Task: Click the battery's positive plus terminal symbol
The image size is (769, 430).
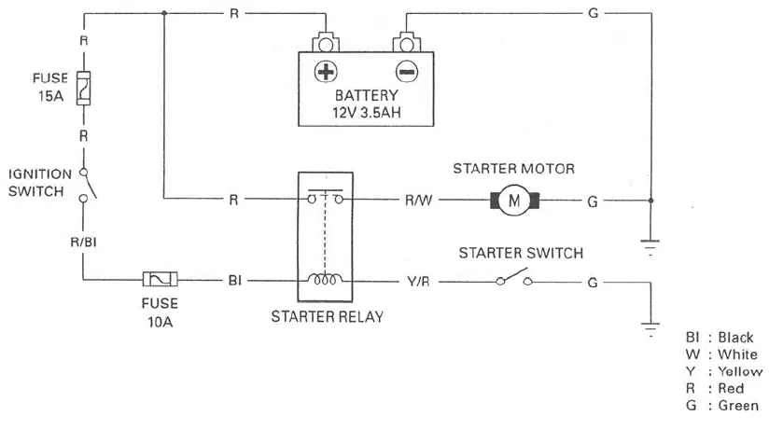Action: tap(326, 72)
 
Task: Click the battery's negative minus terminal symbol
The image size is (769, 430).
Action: tap(407, 72)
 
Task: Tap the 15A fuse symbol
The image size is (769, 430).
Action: tap(83, 89)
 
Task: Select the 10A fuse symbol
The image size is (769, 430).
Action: tap(160, 280)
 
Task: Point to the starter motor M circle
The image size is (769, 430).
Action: tap(514, 200)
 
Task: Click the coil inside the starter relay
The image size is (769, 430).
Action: tap(325, 280)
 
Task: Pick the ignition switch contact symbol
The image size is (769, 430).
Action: tap(87, 186)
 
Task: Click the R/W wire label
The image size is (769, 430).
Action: tap(418, 201)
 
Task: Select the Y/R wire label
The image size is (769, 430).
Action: tap(418, 282)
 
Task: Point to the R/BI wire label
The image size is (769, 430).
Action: tap(83, 243)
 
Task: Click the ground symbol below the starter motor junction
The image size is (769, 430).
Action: tap(650, 247)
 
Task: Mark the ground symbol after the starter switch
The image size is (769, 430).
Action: tap(650, 329)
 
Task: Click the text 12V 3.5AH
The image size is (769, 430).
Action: tap(367, 113)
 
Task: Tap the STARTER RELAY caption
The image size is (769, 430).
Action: tap(328, 317)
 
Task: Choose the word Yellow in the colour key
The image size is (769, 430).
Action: tap(740, 371)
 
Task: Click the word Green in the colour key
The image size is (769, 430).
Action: tap(738, 406)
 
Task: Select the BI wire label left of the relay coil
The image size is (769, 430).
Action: tap(235, 281)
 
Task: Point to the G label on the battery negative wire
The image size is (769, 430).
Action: tap(594, 13)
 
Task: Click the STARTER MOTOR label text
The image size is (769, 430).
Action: tap(513, 169)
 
